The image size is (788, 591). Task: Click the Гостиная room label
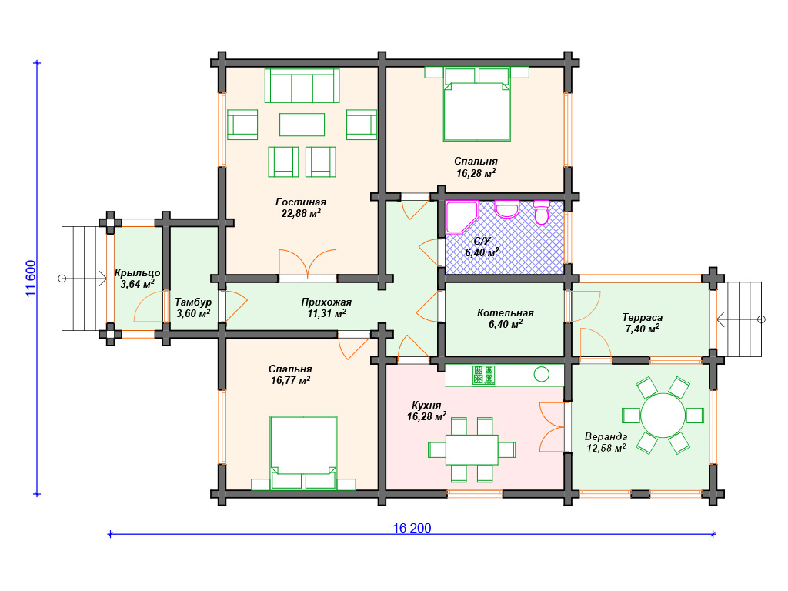(301, 202)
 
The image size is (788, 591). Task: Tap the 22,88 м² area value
(301, 213)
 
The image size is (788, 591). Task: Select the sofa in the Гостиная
(302, 86)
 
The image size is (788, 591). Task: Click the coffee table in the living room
(302, 125)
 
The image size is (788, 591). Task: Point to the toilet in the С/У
(542, 212)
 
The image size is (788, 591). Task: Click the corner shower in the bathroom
(460, 217)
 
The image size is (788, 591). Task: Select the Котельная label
(505, 313)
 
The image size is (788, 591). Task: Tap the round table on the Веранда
(663, 416)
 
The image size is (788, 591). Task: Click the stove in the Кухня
(483, 376)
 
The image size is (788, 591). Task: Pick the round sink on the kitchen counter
(541, 375)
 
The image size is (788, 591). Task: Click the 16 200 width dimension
(412, 528)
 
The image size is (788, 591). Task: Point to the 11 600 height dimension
(31, 279)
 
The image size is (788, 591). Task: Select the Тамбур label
(193, 302)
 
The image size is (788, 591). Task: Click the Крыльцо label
(137, 273)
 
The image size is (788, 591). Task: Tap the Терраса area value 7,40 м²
(643, 329)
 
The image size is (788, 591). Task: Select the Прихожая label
(326, 302)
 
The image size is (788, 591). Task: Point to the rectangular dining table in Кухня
(472, 449)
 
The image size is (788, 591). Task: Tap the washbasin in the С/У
(506, 209)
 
